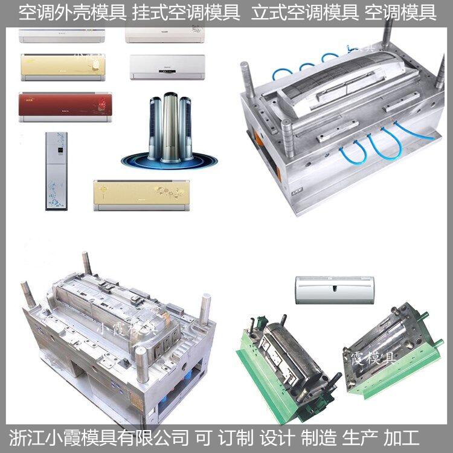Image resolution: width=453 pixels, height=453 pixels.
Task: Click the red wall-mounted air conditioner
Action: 65,107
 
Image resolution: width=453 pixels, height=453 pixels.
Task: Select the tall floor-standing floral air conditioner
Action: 56,171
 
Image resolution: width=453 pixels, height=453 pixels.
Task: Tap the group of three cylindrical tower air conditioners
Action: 170,130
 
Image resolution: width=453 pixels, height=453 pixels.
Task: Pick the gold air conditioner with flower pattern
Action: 141,195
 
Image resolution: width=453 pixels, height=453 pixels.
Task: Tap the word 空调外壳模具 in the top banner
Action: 73,13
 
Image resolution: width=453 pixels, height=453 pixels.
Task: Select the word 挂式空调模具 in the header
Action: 187,13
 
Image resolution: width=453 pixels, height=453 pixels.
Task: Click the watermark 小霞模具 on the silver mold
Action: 126,329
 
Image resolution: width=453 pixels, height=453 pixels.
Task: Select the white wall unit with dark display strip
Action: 167,67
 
